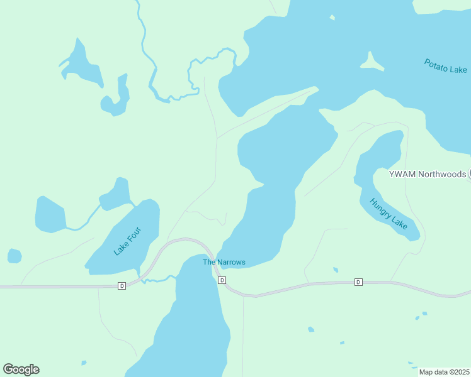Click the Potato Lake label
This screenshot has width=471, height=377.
click(445, 66)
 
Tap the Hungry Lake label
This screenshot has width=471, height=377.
click(389, 214)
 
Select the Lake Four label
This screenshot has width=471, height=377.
click(128, 241)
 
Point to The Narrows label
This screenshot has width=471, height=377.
click(224, 262)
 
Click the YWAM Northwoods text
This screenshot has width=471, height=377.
click(428, 174)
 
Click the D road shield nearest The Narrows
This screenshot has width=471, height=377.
click(222, 280)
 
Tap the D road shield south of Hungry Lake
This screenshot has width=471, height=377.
click(358, 281)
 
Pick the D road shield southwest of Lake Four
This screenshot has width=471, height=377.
click(122, 286)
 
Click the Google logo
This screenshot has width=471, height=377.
click(21, 369)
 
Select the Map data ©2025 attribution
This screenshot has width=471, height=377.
click(445, 372)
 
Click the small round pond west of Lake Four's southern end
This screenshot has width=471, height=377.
click(14, 256)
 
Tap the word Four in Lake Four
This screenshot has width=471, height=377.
click(134, 233)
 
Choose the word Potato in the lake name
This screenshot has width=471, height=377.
click(436, 63)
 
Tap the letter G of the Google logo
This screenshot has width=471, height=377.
click(9, 369)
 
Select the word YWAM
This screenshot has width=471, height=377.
click(400, 174)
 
